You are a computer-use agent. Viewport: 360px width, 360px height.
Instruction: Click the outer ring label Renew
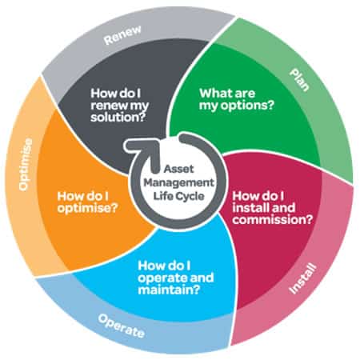click(x=122, y=35)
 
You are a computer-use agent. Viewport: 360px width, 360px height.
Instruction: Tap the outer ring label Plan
click(x=300, y=80)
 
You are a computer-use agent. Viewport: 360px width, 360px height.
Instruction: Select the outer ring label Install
click(x=303, y=278)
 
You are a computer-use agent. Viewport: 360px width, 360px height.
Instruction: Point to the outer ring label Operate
click(x=122, y=326)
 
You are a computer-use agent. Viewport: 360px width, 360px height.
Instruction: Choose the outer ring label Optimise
click(x=26, y=164)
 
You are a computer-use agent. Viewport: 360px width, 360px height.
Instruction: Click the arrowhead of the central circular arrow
click(x=142, y=148)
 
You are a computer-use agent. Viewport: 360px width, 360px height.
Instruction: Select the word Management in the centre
click(x=178, y=182)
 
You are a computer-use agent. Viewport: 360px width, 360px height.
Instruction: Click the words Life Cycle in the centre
click(x=178, y=196)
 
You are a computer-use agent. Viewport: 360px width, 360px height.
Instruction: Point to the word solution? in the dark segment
click(x=118, y=118)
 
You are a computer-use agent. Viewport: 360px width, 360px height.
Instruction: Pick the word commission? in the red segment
click(x=272, y=220)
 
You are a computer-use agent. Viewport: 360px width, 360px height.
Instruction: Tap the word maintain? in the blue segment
click(x=169, y=290)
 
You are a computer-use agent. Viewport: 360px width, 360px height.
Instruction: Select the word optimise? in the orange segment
click(x=87, y=208)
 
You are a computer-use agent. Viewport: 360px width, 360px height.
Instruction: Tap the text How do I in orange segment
click(x=82, y=196)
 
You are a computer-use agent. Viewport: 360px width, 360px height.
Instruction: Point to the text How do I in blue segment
click(x=164, y=266)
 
